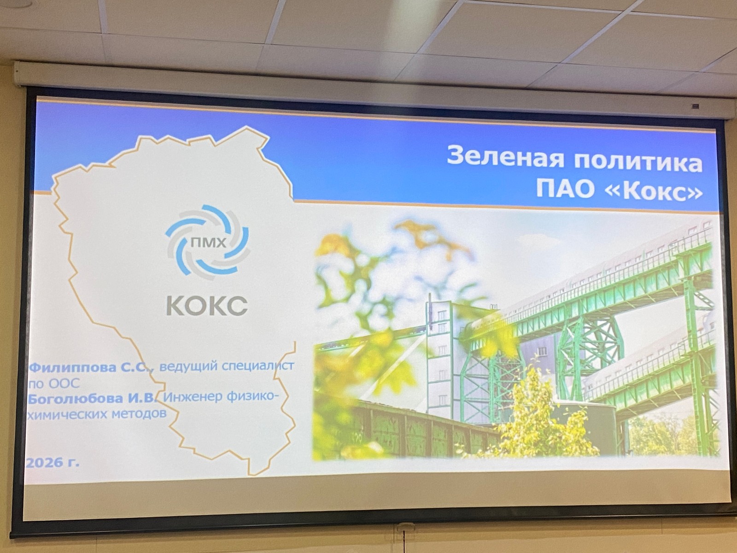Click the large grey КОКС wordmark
click(207, 306)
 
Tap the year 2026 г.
click(53, 463)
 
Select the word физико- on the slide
click(252, 396)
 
